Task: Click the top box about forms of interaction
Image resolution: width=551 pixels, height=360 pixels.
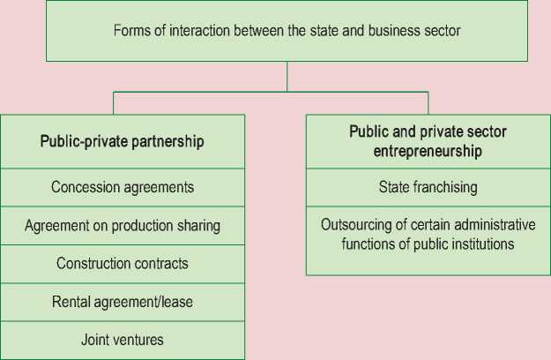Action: pyautogui.click(x=287, y=31)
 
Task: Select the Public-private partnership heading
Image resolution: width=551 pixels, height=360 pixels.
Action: pyautogui.click(x=123, y=140)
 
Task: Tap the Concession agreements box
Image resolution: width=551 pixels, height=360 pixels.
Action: pyautogui.click(x=123, y=187)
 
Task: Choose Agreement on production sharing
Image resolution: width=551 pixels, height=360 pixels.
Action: pyautogui.click(x=123, y=225)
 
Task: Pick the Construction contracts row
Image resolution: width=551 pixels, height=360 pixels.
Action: pyautogui.click(x=123, y=264)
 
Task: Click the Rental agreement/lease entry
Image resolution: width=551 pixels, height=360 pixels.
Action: pyautogui.click(x=123, y=302)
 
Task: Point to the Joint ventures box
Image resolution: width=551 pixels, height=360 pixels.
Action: pyautogui.click(x=123, y=340)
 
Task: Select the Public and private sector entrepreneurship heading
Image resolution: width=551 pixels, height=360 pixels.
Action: pyautogui.click(x=428, y=141)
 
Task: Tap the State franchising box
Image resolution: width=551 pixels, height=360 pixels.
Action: pyautogui.click(x=428, y=187)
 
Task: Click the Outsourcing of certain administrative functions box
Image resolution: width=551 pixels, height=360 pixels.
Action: pyautogui.click(x=428, y=234)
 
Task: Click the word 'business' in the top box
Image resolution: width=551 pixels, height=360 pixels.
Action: pyautogui.click(x=397, y=31)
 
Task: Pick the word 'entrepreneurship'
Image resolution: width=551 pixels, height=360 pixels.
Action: pyautogui.click(x=428, y=151)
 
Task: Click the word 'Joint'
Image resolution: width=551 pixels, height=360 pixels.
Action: pyautogui.click(x=96, y=340)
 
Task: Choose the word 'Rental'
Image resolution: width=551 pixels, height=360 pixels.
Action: pyautogui.click(x=71, y=302)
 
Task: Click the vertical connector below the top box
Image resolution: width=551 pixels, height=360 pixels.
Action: pyautogui.click(x=287, y=76)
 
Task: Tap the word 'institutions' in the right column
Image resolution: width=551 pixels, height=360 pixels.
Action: pyautogui.click(x=481, y=243)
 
